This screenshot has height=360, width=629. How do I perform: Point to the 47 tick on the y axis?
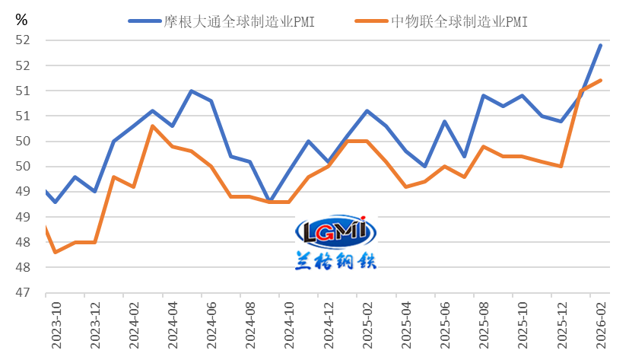pyautogui.click(x=24, y=293)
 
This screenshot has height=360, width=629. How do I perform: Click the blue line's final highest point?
pyautogui.click(x=601, y=45)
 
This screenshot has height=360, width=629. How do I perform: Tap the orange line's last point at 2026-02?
pyautogui.click(x=601, y=80)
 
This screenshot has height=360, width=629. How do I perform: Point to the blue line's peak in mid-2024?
pyautogui.click(x=191, y=91)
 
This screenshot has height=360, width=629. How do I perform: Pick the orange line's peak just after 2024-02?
pyautogui.click(x=153, y=126)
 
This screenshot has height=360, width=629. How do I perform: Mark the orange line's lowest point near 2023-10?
pyautogui.click(x=56, y=252)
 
